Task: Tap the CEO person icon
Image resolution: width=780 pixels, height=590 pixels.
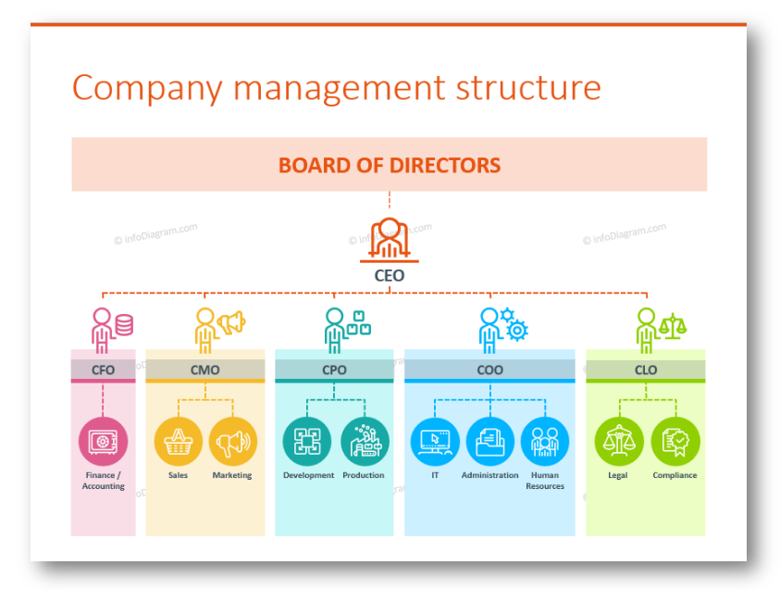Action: tap(390, 240)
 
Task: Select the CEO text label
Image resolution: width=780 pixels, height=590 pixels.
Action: tap(390, 275)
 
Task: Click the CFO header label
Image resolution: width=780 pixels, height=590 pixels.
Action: tap(103, 370)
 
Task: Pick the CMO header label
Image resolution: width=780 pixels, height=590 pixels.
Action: tap(205, 370)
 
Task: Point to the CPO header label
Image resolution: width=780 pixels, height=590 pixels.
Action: tap(334, 370)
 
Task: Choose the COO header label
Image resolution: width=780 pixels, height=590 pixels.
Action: tap(490, 370)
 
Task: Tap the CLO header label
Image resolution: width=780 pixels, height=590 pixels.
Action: tap(646, 370)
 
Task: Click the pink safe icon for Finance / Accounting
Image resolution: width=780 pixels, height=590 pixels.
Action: tap(103, 442)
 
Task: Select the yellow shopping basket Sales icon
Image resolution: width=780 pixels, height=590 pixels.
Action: tap(178, 442)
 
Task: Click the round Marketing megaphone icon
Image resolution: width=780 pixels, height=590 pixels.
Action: tap(233, 442)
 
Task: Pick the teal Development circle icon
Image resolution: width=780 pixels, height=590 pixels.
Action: tap(307, 442)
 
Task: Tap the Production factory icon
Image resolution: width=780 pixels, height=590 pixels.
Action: tap(365, 442)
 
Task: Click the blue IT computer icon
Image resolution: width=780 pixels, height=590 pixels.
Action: tap(435, 442)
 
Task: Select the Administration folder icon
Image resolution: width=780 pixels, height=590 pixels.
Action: tap(490, 442)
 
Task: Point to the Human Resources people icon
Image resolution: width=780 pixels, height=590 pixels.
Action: tap(545, 442)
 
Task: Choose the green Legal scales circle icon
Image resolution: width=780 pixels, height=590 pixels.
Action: tap(619, 442)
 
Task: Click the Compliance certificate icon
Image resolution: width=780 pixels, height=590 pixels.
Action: tap(675, 442)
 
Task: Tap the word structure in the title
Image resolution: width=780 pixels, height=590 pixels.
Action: tap(528, 88)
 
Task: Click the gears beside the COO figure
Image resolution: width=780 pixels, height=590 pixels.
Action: tap(514, 324)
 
